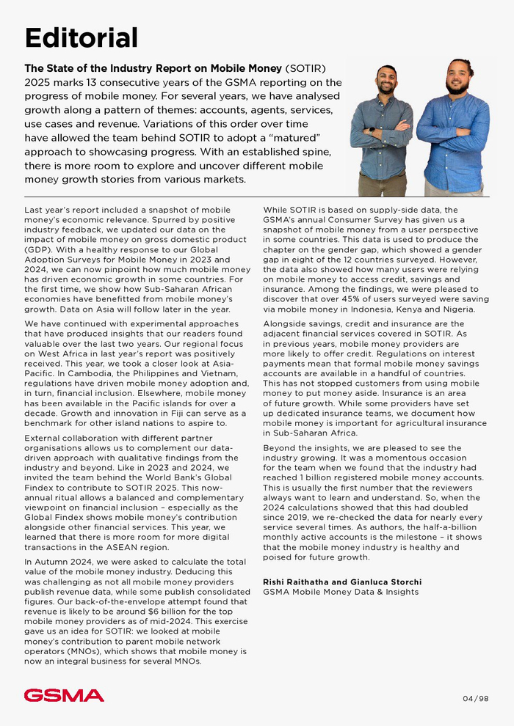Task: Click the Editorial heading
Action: pyautogui.click(x=82, y=37)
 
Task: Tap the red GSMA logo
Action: pyautogui.click(x=64, y=695)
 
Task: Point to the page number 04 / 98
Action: pyautogui.click(x=476, y=698)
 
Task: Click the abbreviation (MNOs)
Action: pyautogui.click(x=81, y=651)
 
